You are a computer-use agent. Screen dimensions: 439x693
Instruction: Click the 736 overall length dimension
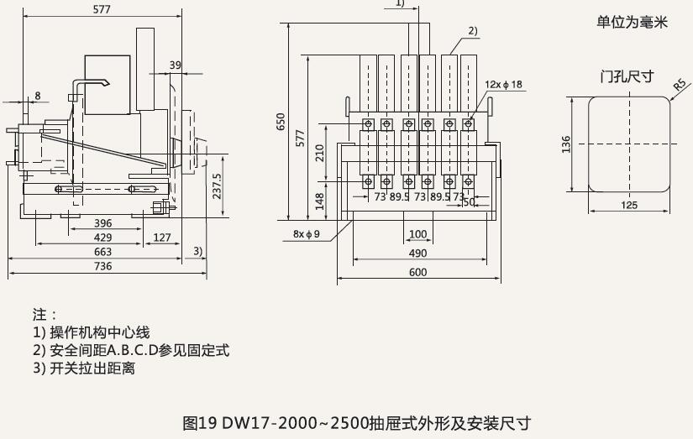point(102,266)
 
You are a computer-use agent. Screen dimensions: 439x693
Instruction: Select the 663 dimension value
point(102,252)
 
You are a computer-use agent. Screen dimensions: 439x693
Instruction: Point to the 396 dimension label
point(102,224)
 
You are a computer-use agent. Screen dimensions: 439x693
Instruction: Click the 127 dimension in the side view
point(162,238)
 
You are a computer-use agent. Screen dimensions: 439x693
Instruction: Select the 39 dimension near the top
point(175,65)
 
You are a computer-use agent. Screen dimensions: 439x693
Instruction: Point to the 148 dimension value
point(318,201)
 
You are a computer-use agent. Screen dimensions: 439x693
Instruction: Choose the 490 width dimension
point(417,253)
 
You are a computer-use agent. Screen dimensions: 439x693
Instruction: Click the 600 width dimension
point(417,272)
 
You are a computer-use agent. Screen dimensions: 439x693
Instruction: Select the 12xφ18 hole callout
point(503,84)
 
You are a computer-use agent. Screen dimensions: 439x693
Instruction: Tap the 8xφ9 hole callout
point(307,233)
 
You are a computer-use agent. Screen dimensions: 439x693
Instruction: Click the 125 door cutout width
point(627,204)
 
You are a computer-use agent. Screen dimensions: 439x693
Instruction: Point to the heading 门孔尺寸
point(627,76)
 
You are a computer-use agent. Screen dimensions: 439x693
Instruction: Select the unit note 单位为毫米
point(632,23)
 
